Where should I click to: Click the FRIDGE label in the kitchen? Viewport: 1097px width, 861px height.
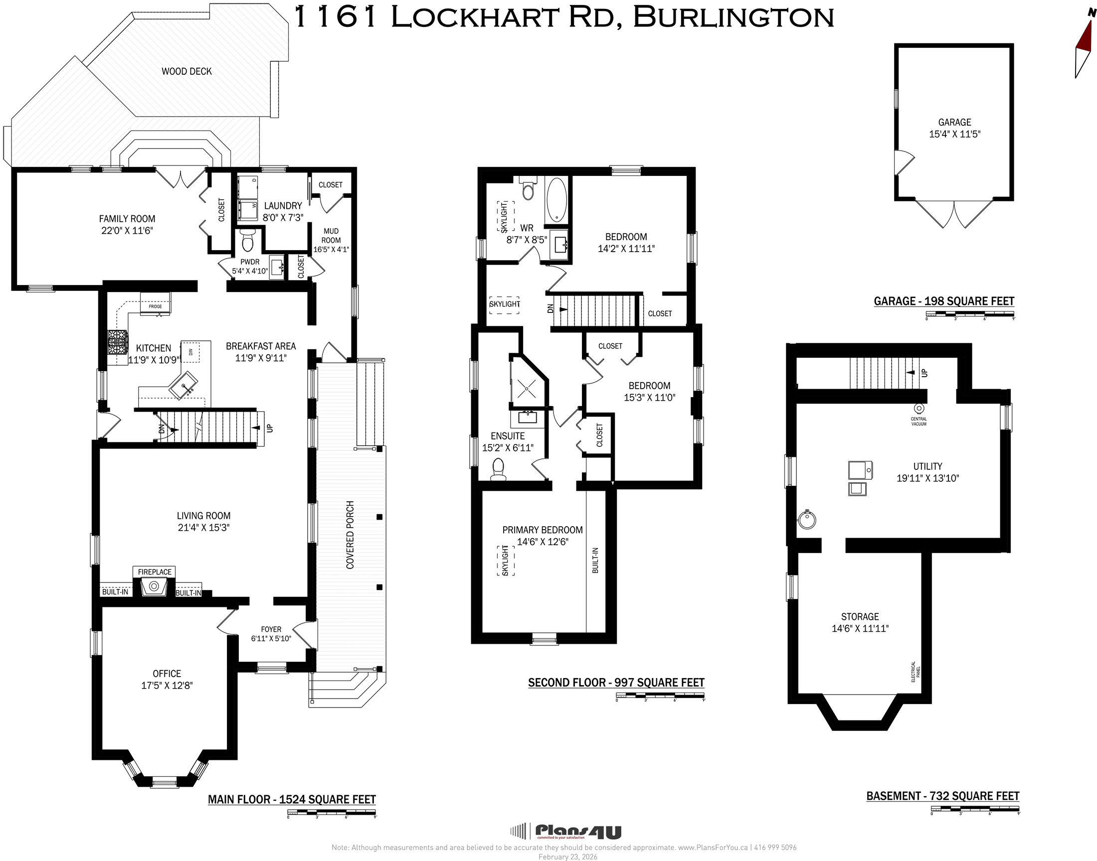(156, 306)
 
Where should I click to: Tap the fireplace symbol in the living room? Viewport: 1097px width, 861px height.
(154, 587)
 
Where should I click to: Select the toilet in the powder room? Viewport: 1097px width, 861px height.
(247, 241)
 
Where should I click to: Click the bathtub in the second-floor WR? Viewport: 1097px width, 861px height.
(556, 200)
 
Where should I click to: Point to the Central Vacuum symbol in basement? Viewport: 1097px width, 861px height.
(919, 408)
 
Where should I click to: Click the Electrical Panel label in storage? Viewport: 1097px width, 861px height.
(915, 672)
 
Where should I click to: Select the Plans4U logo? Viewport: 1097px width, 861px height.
(565, 831)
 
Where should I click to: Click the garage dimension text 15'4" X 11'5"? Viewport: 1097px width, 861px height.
(955, 134)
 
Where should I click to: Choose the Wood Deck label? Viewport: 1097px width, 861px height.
(186, 72)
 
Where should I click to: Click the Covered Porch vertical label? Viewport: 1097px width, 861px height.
(350, 535)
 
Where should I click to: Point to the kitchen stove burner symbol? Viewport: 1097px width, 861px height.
(118, 343)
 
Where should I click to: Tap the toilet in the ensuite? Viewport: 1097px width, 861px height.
(498, 469)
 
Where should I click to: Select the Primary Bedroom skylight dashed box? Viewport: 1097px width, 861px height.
(506, 561)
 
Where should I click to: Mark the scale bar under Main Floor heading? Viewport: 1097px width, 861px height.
(332, 813)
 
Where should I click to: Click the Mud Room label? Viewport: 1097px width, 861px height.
(332, 235)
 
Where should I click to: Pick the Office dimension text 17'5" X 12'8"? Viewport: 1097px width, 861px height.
(167, 686)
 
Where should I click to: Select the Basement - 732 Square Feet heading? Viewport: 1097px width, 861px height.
(942, 796)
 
